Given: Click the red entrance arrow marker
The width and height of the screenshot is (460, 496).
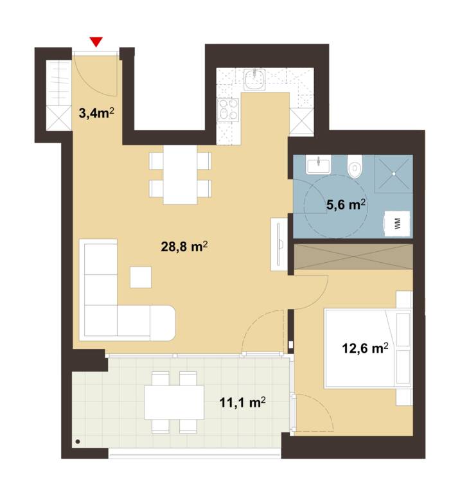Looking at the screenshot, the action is click(96, 42).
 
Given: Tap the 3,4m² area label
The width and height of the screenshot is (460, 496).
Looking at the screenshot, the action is click(96, 112).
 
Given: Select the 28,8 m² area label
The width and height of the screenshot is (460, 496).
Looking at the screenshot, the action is click(184, 247).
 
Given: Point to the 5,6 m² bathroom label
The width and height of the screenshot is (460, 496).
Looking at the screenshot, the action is click(346, 205).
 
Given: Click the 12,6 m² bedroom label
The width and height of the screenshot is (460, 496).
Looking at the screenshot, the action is click(365, 348).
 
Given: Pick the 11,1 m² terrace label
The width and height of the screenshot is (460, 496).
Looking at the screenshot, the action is click(243, 402).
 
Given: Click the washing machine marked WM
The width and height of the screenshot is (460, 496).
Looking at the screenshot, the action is click(397, 224).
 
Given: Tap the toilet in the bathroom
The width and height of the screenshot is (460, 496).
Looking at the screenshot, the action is click(355, 166).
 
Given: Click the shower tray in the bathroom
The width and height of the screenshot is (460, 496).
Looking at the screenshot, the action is click(394, 173).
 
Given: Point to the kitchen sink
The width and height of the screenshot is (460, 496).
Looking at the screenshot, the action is click(254, 80).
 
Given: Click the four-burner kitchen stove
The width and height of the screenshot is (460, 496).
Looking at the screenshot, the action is click(228, 109).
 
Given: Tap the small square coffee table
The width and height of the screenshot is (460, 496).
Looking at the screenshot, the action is click(141, 277).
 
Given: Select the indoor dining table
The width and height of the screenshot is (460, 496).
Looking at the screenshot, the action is click(180, 175).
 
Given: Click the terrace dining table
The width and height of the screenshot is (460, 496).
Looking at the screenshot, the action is click(174, 402).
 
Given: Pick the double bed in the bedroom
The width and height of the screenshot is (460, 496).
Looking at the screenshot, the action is click(368, 349).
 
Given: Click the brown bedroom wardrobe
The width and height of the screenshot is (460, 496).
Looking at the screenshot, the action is click(354, 257).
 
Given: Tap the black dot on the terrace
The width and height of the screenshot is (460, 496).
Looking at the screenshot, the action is click(78, 441).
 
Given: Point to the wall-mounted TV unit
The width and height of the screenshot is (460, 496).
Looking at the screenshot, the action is click(279, 244).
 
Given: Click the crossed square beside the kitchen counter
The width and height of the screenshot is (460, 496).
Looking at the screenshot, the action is click(301, 120).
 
